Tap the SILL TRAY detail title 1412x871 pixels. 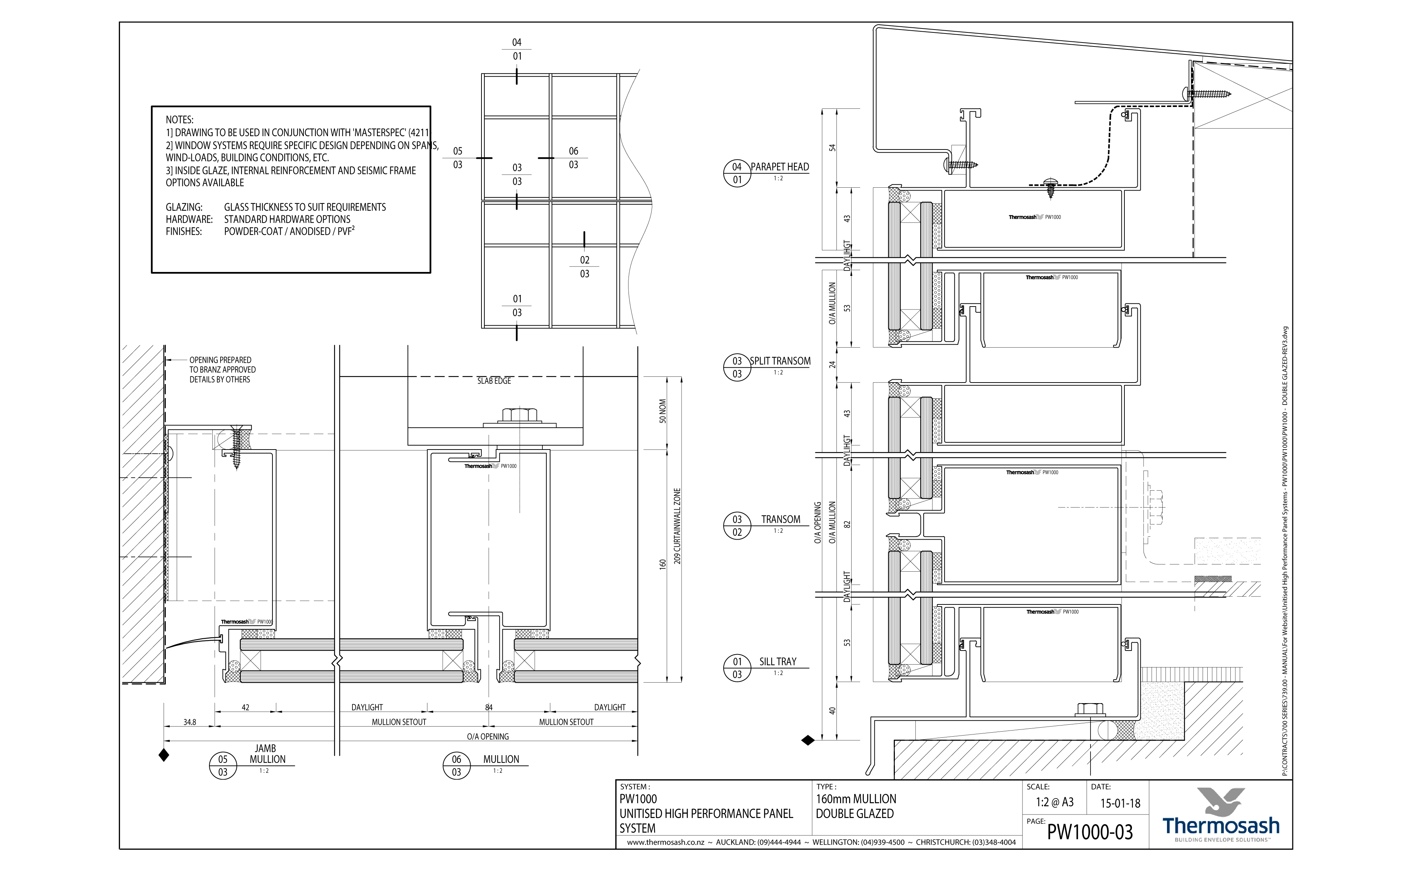(x=777, y=662)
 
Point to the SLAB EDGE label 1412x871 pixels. (x=494, y=381)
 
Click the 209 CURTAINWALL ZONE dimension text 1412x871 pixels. (x=677, y=526)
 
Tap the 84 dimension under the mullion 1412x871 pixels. (x=489, y=707)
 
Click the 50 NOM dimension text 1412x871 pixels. (x=663, y=411)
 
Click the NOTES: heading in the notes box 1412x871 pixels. (x=179, y=120)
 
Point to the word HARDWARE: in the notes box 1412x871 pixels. (x=189, y=219)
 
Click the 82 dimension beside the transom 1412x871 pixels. (x=847, y=524)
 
